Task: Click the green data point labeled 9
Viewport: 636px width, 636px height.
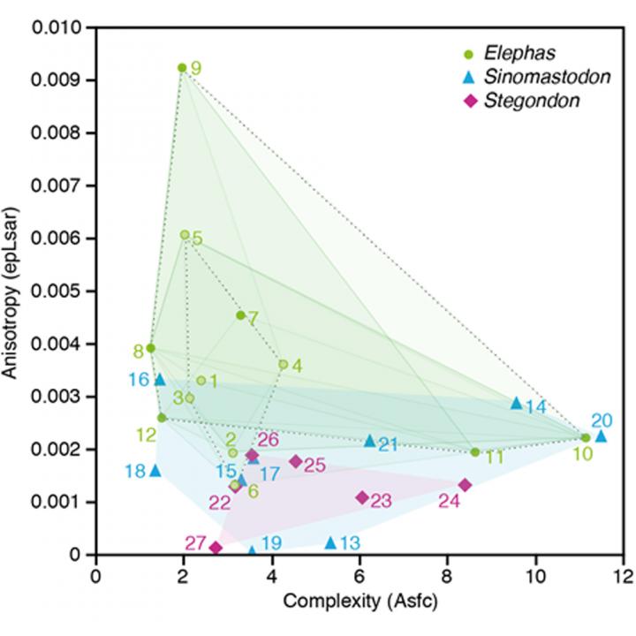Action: point(182,68)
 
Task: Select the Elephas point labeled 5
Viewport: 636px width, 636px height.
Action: point(184,235)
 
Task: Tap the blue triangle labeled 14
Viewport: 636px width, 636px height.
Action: point(517,403)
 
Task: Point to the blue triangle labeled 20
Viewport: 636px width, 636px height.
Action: point(601,435)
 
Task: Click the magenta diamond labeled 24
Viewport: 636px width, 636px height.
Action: point(465,485)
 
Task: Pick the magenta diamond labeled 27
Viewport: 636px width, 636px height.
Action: point(216,548)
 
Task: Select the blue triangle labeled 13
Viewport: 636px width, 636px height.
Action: point(330,542)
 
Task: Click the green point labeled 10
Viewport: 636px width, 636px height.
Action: point(586,437)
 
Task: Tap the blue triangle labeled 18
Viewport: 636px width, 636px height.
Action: point(155,470)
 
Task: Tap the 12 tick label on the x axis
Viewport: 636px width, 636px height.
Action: point(623,572)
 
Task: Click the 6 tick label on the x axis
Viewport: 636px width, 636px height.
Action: point(360,572)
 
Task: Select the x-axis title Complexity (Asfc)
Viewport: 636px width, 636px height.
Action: point(360,602)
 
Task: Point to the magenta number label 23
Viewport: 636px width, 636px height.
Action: point(381,501)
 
